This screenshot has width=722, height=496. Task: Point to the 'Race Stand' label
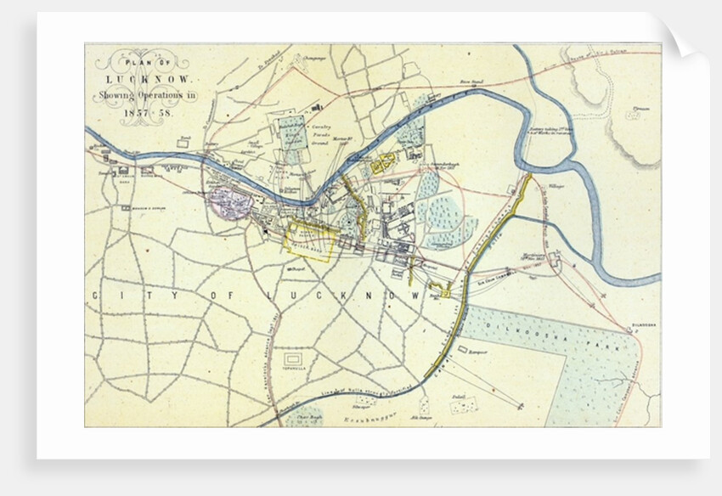pyautogui.click(x=471, y=83)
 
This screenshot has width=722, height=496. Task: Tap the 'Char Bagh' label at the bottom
pyautogui.click(x=302, y=417)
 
